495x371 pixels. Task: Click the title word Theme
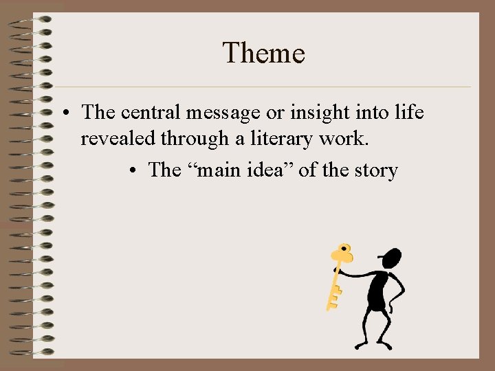click(x=263, y=53)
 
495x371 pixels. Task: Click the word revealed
click(x=119, y=139)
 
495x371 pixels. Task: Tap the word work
click(x=347, y=139)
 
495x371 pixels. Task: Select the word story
click(x=377, y=170)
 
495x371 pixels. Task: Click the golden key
click(x=338, y=276)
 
